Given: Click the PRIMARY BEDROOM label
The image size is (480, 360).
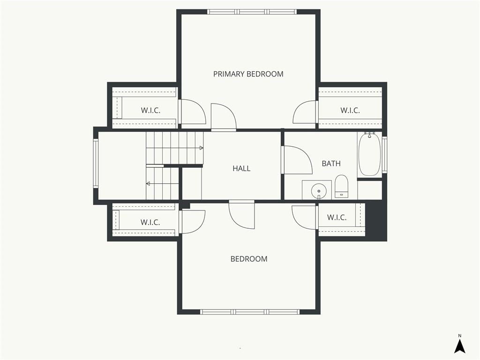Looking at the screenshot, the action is pyautogui.click(x=248, y=74).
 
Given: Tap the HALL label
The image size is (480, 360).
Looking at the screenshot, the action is pyautogui.click(x=241, y=168).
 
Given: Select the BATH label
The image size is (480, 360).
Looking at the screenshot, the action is pyautogui.click(x=331, y=164).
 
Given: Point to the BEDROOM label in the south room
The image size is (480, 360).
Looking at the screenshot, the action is pyautogui.click(x=249, y=259).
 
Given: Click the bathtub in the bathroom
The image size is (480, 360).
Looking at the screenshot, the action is pyautogui.click(x=369, y=154).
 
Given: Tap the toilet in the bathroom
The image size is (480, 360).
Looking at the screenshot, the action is pyautogui.click(x=341, y=186).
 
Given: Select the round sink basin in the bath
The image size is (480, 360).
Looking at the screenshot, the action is pyautogui.click(x=319, y=192).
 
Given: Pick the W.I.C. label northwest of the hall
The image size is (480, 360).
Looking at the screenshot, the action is pyautogui.click(x=150, y=110).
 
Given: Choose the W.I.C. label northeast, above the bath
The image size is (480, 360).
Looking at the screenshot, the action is pyautogui.click(x=350, y=110).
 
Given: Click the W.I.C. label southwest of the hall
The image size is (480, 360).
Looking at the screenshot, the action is pyautogui.click(x=150, y=222).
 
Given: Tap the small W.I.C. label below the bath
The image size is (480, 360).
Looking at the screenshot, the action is pyautogui.click(x=337, y=217).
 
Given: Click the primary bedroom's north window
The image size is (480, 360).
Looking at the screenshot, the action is pyautogui.click(x=252, y=12).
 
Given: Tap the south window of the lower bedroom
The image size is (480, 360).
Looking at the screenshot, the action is pyautogui.click(x=250, y=312).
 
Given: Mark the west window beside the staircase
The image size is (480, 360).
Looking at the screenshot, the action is pyautogui.click(x=96, y=163).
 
